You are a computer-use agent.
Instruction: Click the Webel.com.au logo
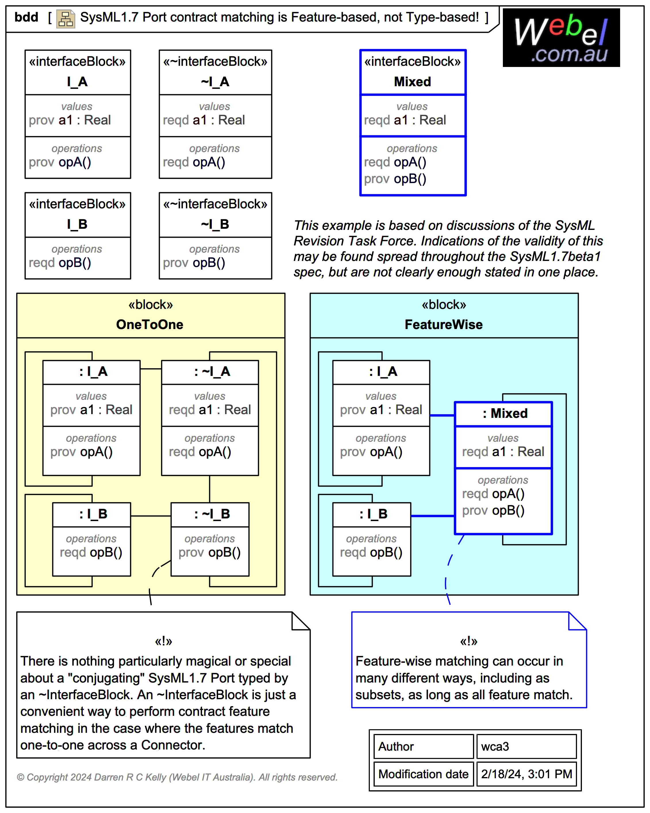(561, 38)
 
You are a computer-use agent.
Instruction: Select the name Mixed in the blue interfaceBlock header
(412, 82)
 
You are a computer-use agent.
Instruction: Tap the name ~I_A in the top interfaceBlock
(215, 82)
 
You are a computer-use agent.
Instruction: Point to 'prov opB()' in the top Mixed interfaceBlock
(395, 179)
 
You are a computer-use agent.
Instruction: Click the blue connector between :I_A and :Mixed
(442, 415)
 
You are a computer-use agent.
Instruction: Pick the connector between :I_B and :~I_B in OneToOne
(151, 516)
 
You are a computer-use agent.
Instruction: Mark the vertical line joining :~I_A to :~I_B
(210, 489)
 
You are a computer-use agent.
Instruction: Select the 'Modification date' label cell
(423, 774)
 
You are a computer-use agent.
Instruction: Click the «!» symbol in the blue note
(468, 641)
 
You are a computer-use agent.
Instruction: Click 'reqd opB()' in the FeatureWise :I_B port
(371, 552)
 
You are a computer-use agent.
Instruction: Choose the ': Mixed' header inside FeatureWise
(505, 413)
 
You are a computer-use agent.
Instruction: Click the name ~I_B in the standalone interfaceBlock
(215, 224)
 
